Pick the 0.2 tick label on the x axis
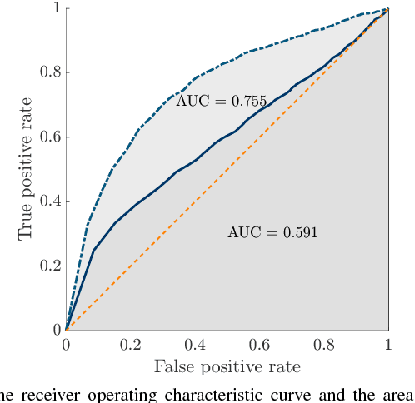pos(131,345)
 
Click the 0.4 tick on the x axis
pos(195,345)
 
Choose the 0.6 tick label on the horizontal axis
pos(259,345)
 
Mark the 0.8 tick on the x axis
pos(324,345)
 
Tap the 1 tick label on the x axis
pos(388,345)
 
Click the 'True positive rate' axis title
pos(25,169)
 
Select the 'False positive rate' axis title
pos(227,366)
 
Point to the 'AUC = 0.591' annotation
pos(272,232)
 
